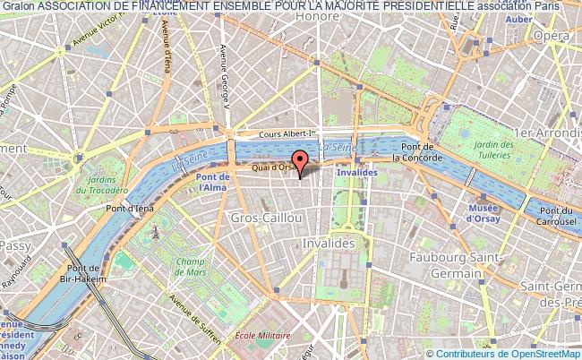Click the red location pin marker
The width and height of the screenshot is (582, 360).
tap(300, 161)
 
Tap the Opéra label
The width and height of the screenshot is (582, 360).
tap(552, 35)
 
